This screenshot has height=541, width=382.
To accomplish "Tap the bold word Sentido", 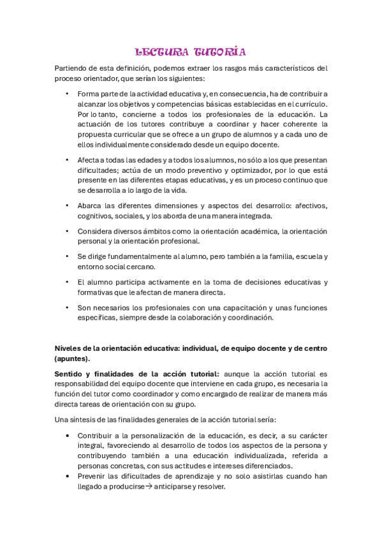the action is coord(70,373).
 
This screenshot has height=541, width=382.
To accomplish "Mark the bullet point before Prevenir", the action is coord(68,475).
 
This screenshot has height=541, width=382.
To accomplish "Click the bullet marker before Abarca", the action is coord(68,205).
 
